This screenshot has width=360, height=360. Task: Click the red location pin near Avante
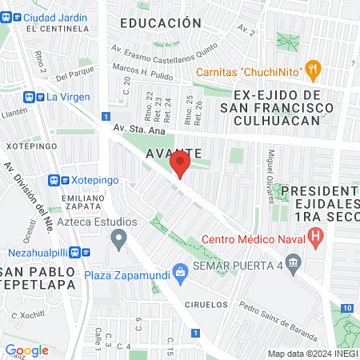(180, 166)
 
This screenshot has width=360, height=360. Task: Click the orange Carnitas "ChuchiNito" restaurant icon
(313, 70)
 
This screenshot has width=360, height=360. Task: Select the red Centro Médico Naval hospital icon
(316, 237)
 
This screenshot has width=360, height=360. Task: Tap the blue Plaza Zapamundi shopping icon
(181, 273)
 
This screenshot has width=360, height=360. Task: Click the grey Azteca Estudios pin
(119, 238)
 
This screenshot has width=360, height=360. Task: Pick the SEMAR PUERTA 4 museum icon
(294, 261)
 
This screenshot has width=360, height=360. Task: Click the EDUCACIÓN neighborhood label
(160, 23)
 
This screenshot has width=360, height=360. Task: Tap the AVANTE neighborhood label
(174, 152)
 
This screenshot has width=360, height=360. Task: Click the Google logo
(26, 350)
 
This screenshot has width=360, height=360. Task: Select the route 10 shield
(346, 308)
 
